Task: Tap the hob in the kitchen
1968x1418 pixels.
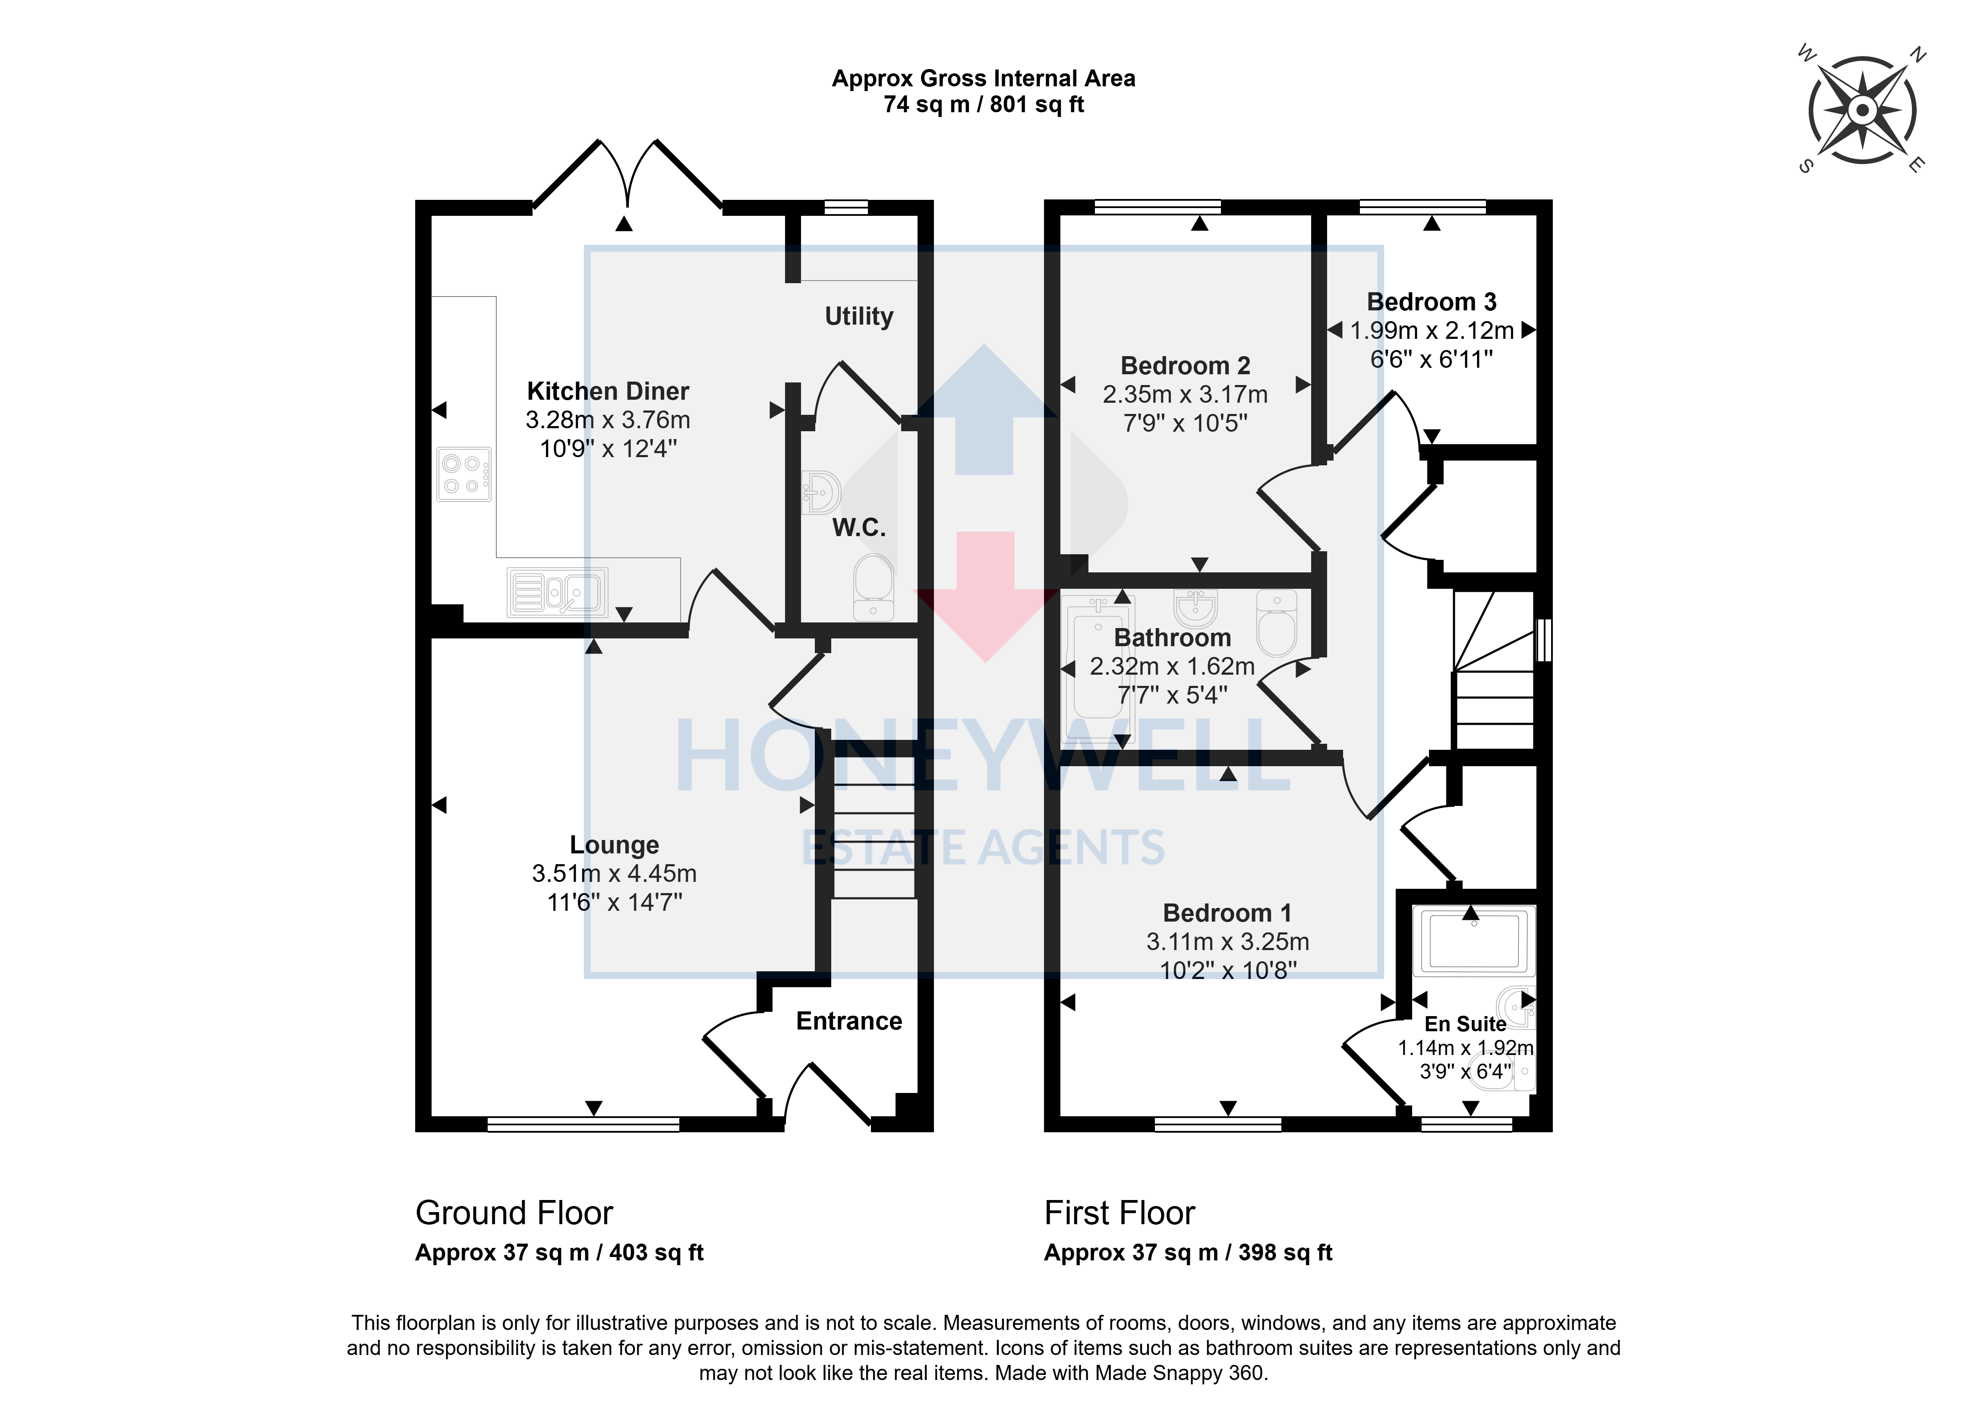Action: (x=464, y=475)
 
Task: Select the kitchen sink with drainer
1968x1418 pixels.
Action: (x=557, y=592)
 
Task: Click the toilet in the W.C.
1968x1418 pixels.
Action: (x=874, y=587)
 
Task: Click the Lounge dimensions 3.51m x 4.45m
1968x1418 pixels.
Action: (x=614, y=874)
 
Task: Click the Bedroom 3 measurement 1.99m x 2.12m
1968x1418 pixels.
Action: (x=1432, y=331)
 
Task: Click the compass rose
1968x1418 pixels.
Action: (x=1862, y=110)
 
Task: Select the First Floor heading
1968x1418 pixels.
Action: (x=1120, y=1213)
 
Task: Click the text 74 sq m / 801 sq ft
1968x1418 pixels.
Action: (x=984, y=105)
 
